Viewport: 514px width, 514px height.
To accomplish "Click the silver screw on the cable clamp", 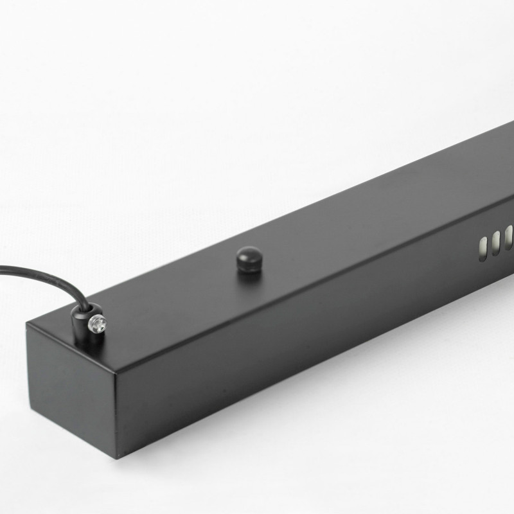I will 97,323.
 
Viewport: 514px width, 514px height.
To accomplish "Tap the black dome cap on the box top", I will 249,259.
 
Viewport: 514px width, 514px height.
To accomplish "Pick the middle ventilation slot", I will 495,241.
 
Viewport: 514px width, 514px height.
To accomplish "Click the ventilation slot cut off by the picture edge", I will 509,236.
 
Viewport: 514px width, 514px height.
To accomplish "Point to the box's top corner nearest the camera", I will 116,373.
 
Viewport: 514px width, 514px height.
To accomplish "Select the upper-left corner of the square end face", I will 27,324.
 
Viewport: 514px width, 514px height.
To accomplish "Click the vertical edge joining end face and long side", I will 117,415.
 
